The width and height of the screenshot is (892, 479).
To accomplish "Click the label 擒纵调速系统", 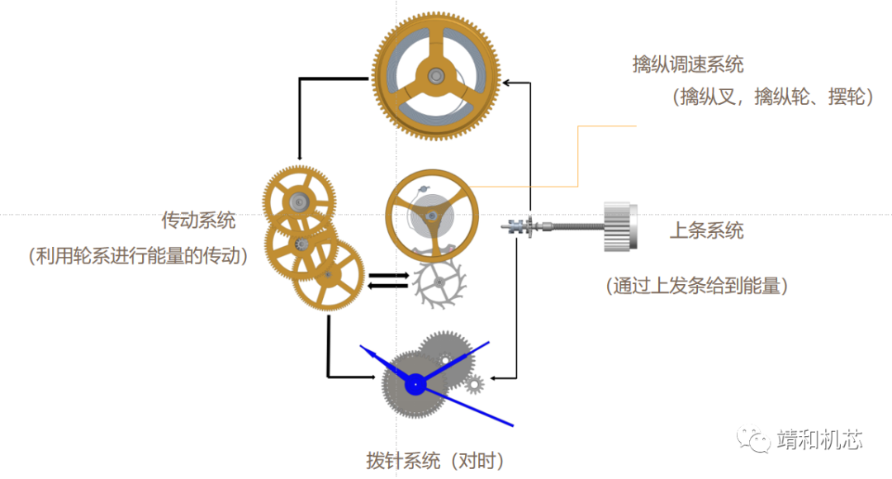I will point(688,65).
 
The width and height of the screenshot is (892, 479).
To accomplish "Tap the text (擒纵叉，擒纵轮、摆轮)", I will point(773,97).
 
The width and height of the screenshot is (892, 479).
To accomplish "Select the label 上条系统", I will point(706,230).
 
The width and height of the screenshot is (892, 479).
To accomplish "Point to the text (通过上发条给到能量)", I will point(697,286).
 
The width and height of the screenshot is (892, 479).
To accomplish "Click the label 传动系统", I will point(198,221).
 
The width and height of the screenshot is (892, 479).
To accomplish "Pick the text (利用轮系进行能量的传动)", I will point(139,256).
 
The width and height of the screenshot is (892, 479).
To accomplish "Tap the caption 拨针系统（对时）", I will point(434,460).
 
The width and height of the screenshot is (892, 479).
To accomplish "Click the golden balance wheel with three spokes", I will point(431,216).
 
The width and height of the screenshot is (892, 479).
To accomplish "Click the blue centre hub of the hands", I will point(415,383).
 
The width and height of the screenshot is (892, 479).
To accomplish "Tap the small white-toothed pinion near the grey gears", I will point(473,383).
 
